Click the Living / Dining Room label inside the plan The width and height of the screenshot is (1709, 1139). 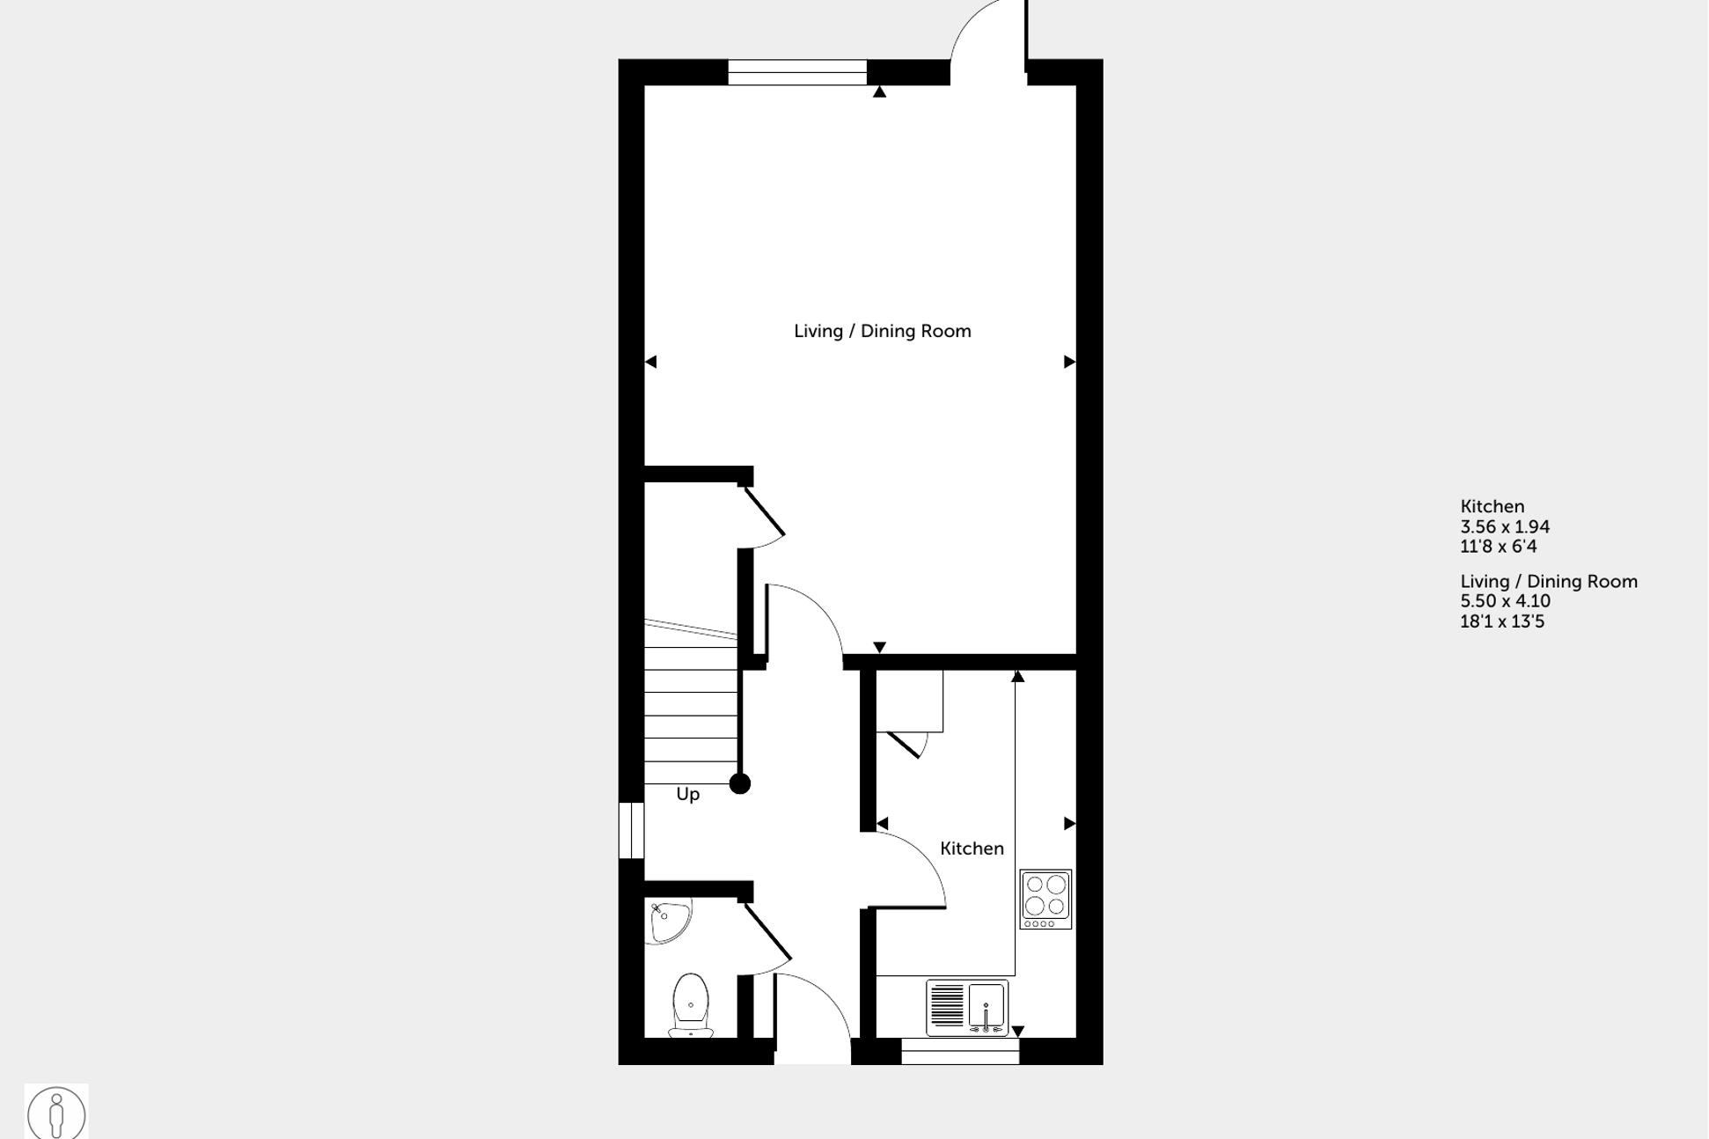[x=882, y=331]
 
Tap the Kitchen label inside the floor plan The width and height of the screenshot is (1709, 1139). [x=972, y=849]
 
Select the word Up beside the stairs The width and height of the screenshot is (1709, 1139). [x=688, y=794]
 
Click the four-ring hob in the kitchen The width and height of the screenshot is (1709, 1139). [x=1045, y=899]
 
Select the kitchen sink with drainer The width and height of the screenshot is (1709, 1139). [x=967, y=1007]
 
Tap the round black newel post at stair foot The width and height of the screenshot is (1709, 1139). [x=740, y=783]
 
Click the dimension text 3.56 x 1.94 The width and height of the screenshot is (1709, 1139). [x=1505, y=526]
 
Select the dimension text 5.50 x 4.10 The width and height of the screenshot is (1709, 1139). [x=1505, y=601]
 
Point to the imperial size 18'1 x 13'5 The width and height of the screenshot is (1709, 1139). [x=1502, y=621]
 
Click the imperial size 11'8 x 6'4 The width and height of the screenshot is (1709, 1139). [x=1498, y=547]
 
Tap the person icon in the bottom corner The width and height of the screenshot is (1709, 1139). [x=56, y=1113]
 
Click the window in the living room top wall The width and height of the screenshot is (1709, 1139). [x=796, y=72]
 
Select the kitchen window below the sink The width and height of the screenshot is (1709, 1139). [x=960, y=1051]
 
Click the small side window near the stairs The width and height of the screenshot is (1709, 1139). [x=631, y=830]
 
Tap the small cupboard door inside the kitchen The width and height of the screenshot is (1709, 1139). [x=906, y=745]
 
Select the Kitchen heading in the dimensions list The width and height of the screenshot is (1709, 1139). [x=1492, y=506]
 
